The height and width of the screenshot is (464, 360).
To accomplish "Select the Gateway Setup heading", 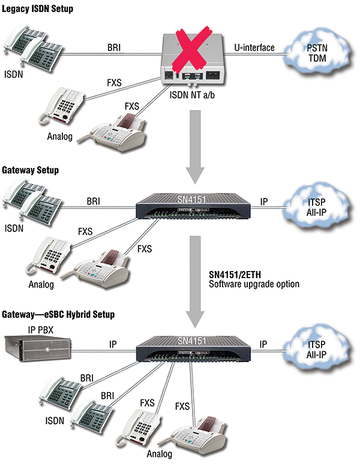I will coord(29,170).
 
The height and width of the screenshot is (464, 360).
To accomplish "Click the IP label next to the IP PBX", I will coord(113,345).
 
